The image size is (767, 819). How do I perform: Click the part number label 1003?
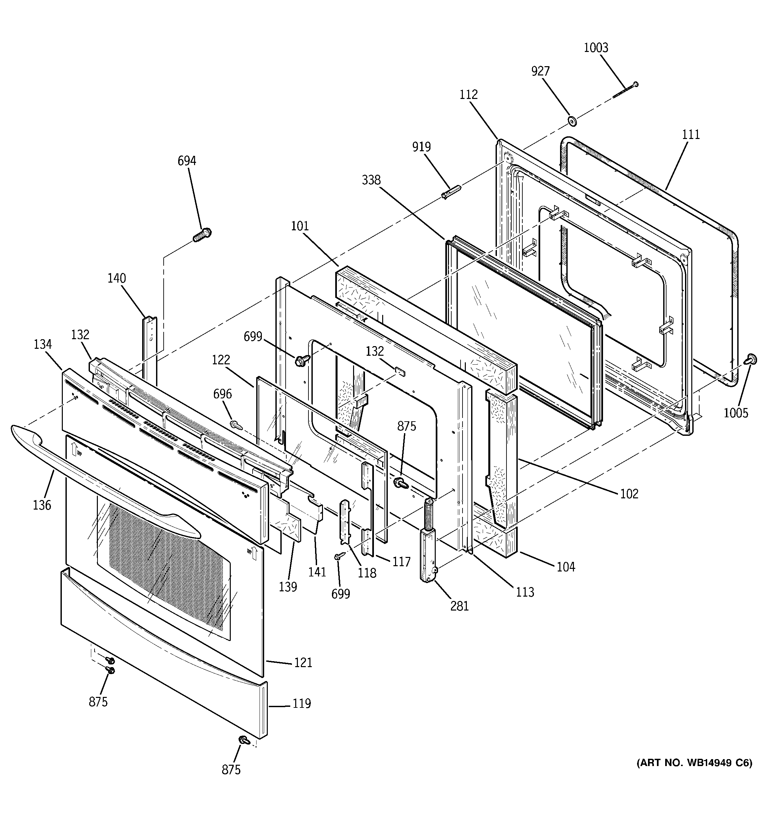tap(596, 48)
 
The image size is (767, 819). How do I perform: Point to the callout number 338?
tap(371, 180)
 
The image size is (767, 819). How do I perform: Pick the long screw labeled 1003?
tap(625, 90)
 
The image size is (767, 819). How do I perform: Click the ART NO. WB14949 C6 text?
tap(694, 763)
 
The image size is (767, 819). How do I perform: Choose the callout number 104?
tap(566, 567)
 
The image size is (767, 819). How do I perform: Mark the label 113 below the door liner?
tap(525, 592)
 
